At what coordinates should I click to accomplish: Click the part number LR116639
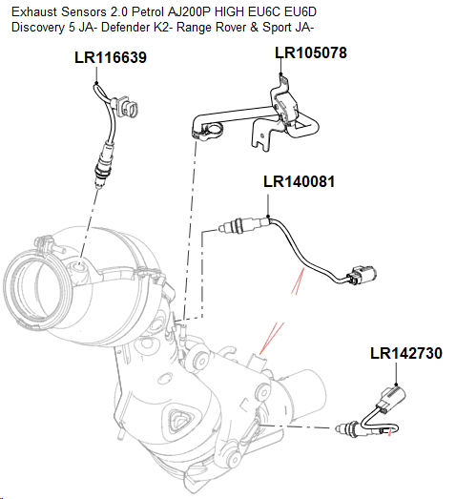[110, 58]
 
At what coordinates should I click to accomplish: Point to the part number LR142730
[405, 354]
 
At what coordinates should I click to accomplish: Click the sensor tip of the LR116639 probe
[98, 175]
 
